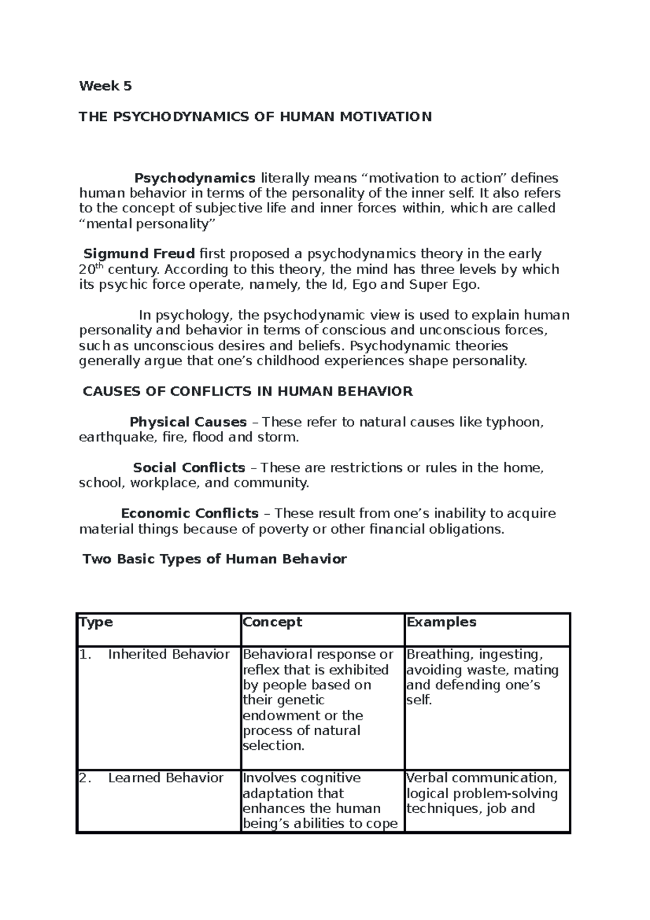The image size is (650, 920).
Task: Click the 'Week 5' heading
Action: click(x=105, y=86)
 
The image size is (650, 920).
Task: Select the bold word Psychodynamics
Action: click(x=195, y=178)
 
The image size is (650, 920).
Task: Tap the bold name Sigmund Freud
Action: click(x=139, y=254)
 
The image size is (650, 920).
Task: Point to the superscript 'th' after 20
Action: click(x=99, y=267)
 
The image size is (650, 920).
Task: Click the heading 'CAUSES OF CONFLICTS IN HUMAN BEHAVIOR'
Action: click(x=248, y=391)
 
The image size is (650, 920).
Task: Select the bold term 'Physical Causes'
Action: click(x=188, y=422)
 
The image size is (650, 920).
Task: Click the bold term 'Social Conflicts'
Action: click(x=189, y=468)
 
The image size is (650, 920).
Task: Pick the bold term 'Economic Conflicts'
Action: click(x=190, y=513)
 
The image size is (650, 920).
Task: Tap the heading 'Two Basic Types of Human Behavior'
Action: click(x=214, y=559)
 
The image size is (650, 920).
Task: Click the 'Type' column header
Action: click(x=96, y=622)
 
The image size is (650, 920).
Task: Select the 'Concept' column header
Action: click(x=272, y=622)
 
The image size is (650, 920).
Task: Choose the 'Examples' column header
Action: click(x=441, y=622)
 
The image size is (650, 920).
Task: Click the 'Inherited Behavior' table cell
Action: click(x=168, y=655)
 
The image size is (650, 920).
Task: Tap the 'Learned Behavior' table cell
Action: click(x=165, y=778)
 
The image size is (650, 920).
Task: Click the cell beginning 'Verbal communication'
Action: click(x=482, y=793)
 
